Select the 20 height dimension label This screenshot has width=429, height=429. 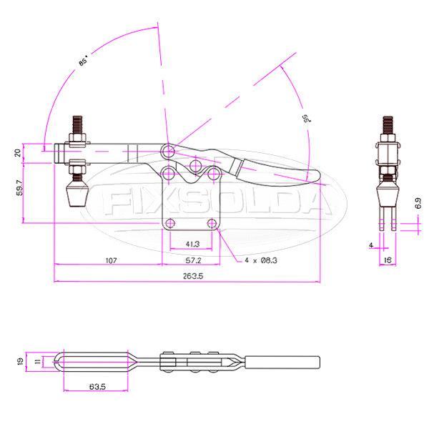click(19, 152)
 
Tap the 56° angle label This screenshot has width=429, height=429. click(305, 118)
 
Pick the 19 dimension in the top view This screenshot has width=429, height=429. click(19, 362)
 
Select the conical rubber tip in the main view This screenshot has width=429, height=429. click(77, 194)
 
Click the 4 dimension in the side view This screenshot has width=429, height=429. click(371, 245)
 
